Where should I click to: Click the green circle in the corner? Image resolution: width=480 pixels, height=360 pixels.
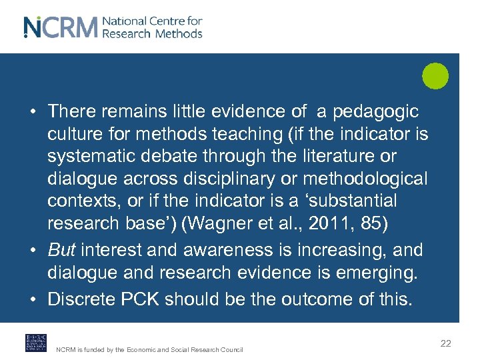(435, 75)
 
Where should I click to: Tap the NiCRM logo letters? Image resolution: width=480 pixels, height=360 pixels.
(61, 27)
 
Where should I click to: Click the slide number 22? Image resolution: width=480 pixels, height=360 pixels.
(446, 343)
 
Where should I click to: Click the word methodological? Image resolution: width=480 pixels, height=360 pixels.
(375, 178)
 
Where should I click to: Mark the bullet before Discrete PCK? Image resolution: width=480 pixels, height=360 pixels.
(33, 299)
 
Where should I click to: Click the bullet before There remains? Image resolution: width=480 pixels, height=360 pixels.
(33, 111)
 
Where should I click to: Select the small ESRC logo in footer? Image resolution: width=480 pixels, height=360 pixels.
(35, 343)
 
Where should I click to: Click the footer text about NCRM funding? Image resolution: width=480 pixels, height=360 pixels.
(149, 349)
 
